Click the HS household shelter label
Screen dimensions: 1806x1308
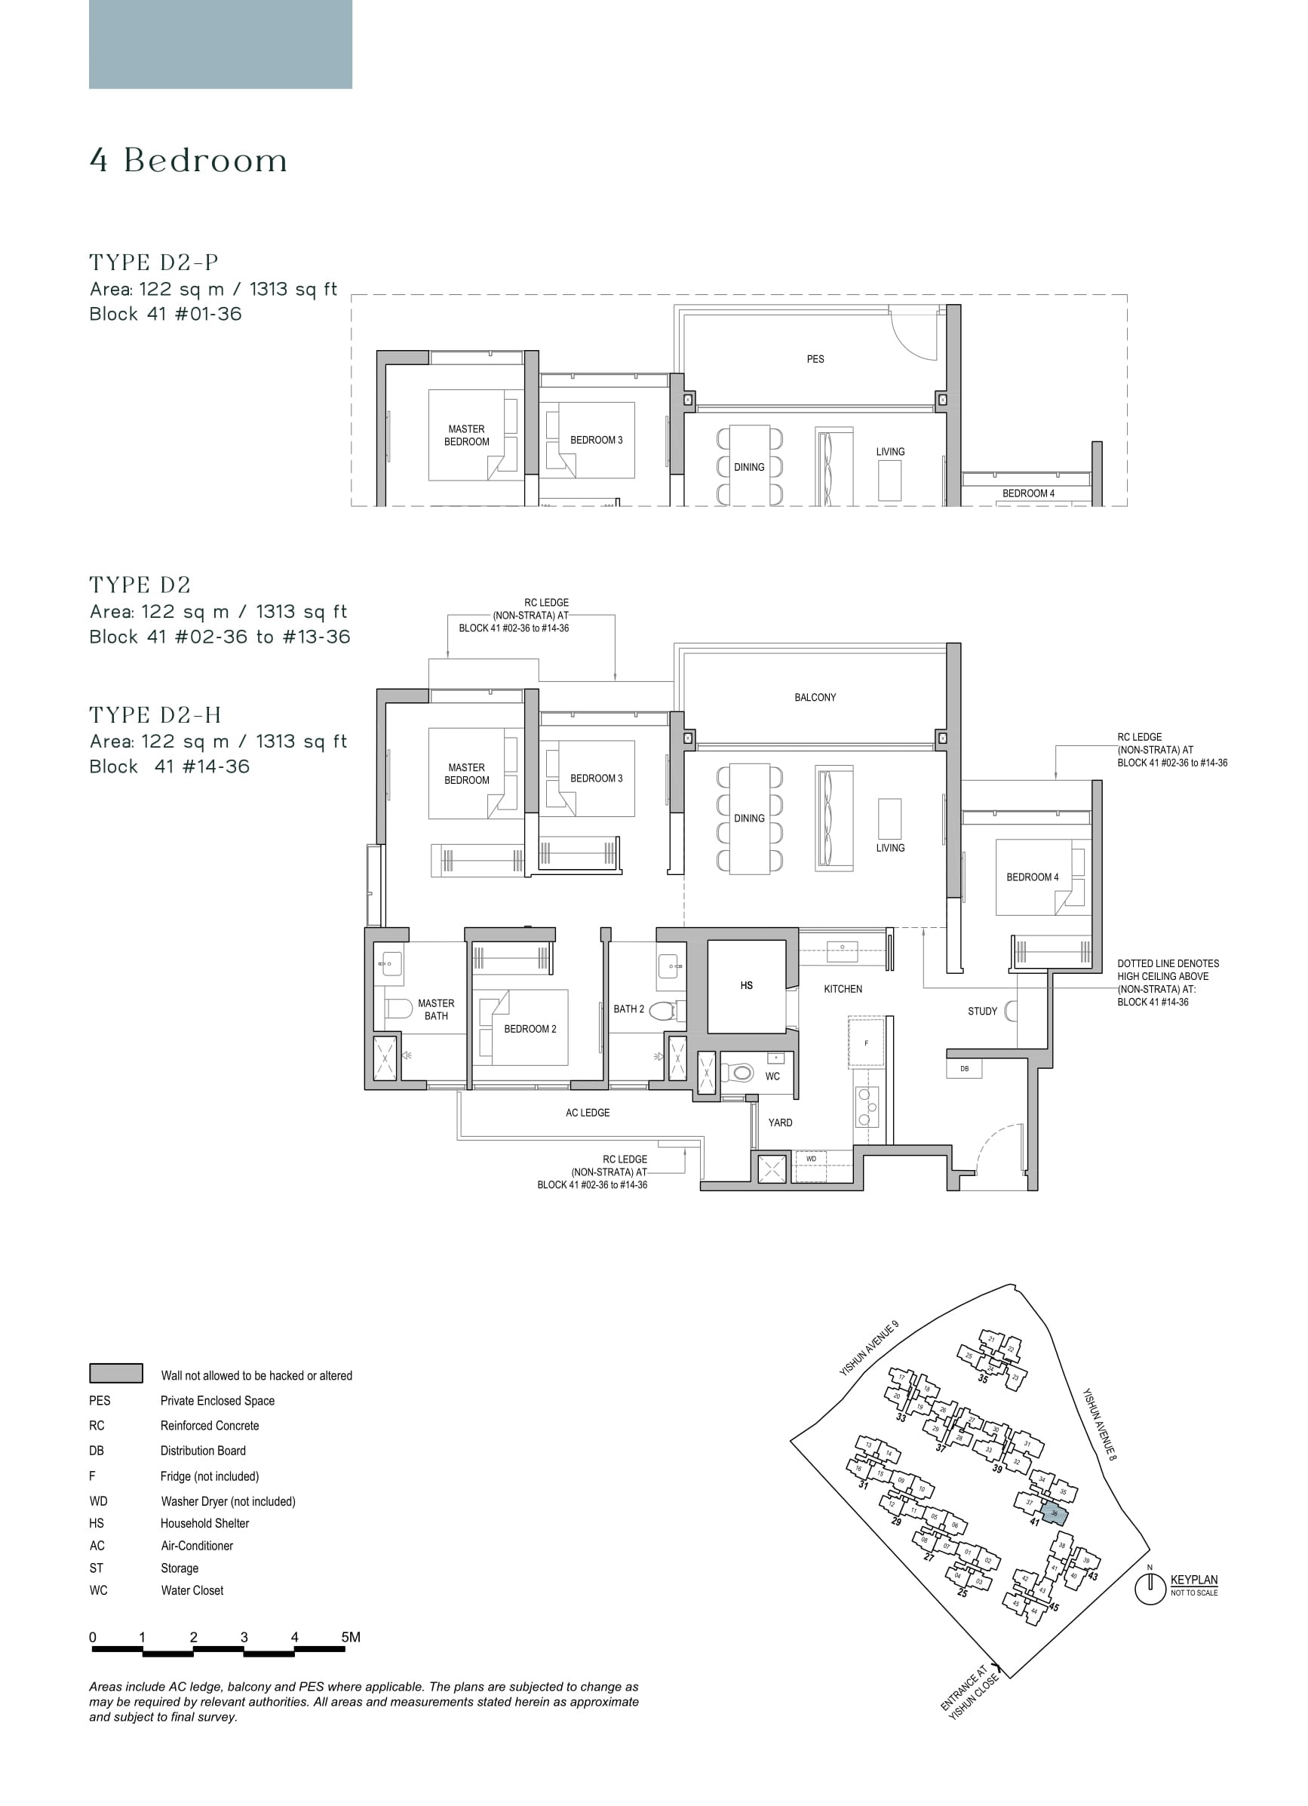(x=746, y=985)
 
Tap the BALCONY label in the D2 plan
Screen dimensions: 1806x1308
(x=815, y=697)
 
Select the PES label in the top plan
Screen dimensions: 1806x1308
(x=815, y=359)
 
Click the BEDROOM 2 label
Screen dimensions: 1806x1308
(x=530, y=1029)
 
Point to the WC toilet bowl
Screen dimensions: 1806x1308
(x=742, y=1073)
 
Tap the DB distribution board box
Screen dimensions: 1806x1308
(x=964, y=1069)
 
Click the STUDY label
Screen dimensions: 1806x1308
(x=981, y=1012)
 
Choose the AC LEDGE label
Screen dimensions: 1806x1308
(x=588, y=1113)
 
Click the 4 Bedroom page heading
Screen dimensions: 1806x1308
(x=189, y=161)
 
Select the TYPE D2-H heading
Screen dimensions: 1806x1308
(x=155, y=715)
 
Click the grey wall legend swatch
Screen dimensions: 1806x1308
(x=116, y=1374)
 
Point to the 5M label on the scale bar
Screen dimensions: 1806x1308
(x=350, y=1637)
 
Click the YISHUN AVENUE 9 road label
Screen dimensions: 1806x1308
(x=869, y=1348)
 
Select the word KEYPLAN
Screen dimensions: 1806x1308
(x=1193, y=1580)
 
